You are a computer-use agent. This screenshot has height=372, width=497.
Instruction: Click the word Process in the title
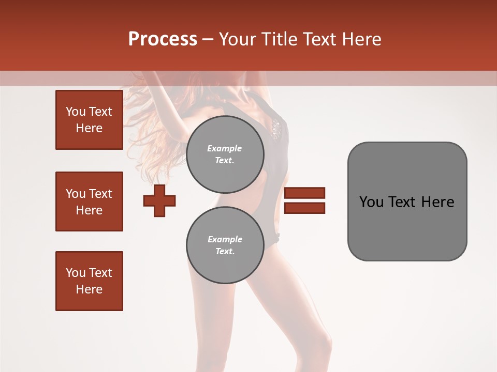click(x=163, y=39)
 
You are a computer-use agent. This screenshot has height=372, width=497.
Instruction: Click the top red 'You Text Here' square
click(x=89, y=120)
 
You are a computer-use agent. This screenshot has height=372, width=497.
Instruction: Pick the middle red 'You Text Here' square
click(x=89, y=202)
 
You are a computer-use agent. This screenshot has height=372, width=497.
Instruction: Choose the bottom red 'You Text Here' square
click(x=89, y=281)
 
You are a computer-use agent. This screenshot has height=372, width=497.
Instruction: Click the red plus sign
click(x=159, y=201)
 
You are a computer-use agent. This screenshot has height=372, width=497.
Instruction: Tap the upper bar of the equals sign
click(x=304, y=193)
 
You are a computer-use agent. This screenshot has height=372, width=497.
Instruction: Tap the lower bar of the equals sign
click(x=304, y=208)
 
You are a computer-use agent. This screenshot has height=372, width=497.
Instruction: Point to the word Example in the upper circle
click(x=225, y=149)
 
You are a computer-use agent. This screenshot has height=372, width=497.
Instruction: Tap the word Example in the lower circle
click(x=225, y=240)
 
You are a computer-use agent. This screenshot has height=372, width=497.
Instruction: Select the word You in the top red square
click(x=76, y=112)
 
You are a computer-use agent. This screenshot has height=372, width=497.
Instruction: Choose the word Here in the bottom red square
click(x=89, y=289)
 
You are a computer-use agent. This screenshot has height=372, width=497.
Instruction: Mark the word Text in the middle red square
click(x=100, y=194)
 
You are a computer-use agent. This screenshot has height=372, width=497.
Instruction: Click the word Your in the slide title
click(x=237, y=39)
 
